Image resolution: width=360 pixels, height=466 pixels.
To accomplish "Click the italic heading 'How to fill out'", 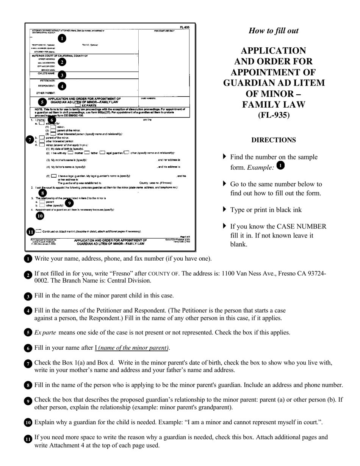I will click(x=273, y=31).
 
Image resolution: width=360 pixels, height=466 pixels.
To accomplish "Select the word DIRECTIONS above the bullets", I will click(x=274, y=140).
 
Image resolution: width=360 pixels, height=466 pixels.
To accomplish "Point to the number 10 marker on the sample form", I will click(x=40, y=216).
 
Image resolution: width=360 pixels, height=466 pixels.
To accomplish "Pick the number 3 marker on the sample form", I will click(x=62, y=75).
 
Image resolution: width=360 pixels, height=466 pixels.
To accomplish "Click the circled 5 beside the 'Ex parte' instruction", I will click(x=28, y=333).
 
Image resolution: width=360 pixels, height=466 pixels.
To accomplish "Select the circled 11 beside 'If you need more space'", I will click(x=28, y=439).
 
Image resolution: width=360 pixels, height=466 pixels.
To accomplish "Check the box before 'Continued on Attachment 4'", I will click(x=39, y=231).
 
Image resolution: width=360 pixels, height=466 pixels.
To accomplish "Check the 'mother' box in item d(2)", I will click(x=70, y=153).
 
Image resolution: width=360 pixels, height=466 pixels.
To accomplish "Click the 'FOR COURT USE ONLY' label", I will click(x=164, y=31).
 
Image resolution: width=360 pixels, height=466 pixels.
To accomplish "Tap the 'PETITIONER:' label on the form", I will click(x=48, y=81).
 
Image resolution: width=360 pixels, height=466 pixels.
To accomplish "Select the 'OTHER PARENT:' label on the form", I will click(x=46, y=93).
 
